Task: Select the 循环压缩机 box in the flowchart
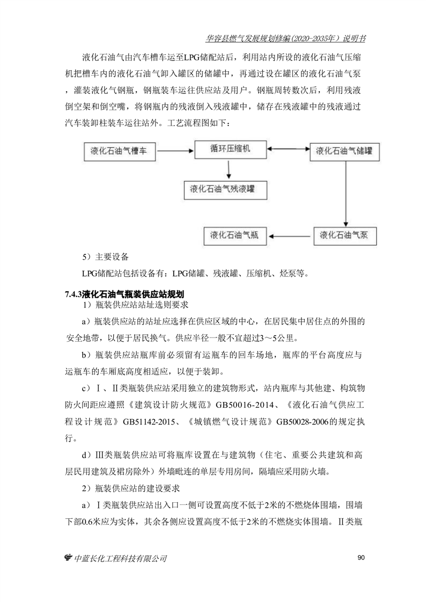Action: point(230,149)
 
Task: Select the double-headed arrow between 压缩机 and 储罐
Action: point(288,150)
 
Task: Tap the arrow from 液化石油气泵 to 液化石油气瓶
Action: point(290,236)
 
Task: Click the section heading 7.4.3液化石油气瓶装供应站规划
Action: point(124,294)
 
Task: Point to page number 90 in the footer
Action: point(361,558)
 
